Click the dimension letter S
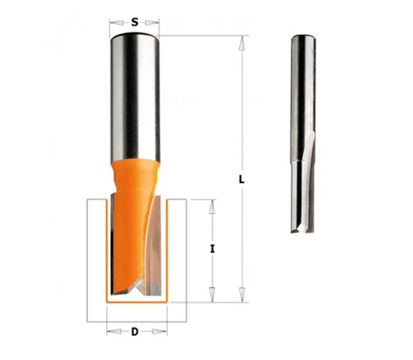click(x=134, y=22)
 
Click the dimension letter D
click(x=134, y=331)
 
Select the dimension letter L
click(x=241, y=179)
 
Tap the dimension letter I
click(x=212, y=249)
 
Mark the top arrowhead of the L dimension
click(x=242, y=43)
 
